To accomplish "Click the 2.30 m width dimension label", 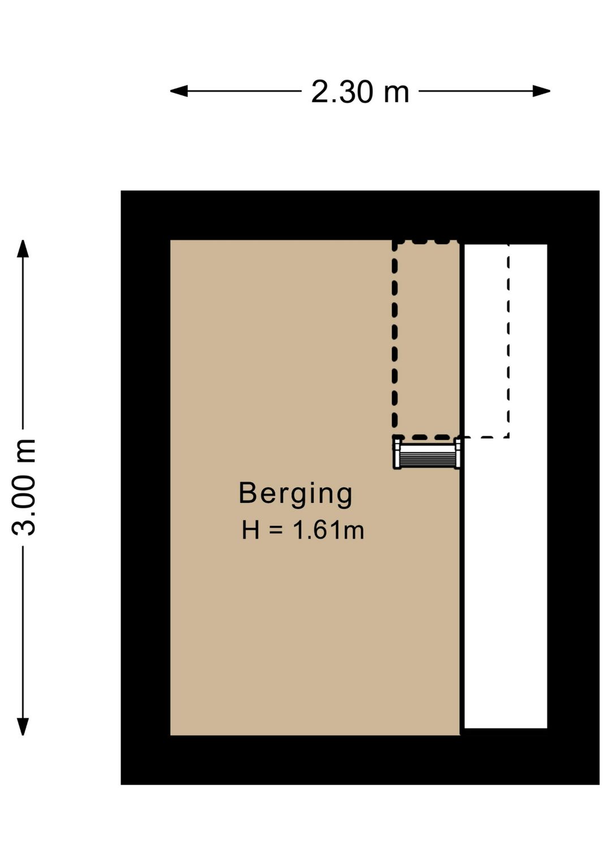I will [x=360, y=91].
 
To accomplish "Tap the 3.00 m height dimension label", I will [x=25, y=487].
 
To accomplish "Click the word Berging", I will [x=295, y=493].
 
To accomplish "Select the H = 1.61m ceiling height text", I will [x=303, y=531].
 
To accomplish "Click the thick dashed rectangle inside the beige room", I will [x=395, y=340].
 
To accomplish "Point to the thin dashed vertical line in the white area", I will [x=508, y=340].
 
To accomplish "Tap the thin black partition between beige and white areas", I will [x=462, y=594].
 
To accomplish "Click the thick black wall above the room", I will [x=360, y=215].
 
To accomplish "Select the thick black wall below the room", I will [x=360, y=760].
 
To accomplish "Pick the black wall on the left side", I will [x=145, y=487].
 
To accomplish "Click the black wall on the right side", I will [x=573, y=487].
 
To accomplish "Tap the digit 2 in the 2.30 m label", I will [x=321, y=91].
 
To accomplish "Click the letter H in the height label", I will [x=251, y=531].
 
